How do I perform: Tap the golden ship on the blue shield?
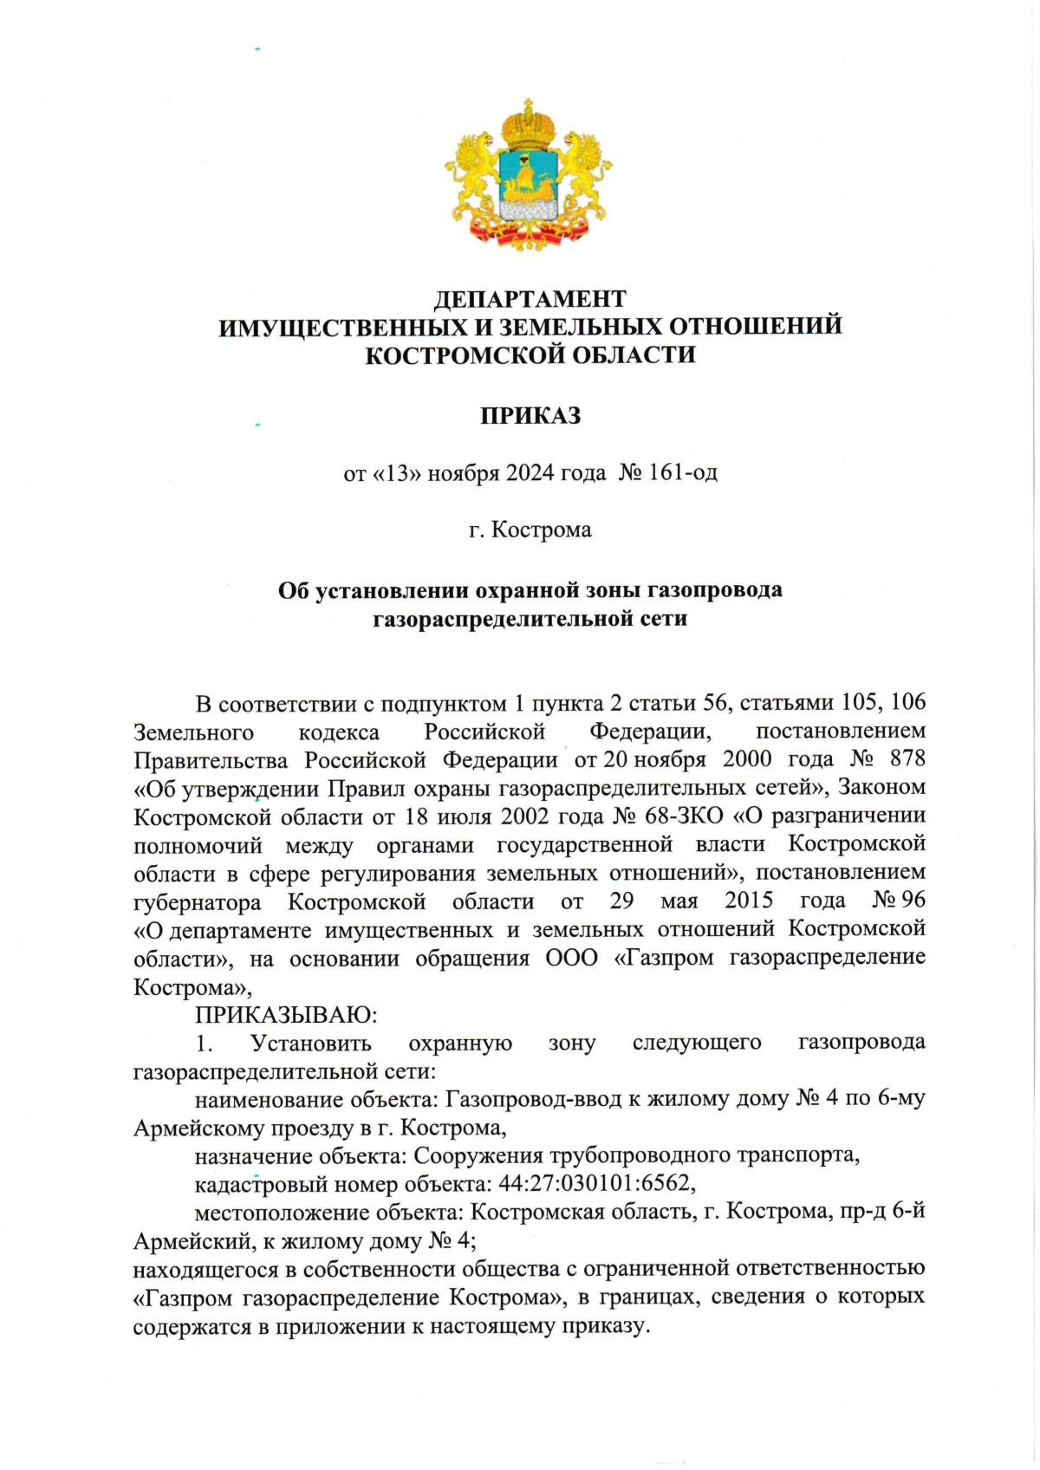click(x=528, y=180)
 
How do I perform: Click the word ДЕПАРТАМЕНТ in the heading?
click(x=530, y=299)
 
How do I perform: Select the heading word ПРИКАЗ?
click(x=530, y=416)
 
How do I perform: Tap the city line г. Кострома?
click(x=530, y=530)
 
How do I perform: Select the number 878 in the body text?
click(x=907, y=758)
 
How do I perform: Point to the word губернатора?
click(x=197, y=901)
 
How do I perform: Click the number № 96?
click(x=898, y=900)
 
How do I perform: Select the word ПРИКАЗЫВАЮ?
click(x=285, y=1014)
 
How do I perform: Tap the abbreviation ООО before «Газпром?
click(x=571, y=958)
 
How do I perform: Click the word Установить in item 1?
click(x=310, y=1043)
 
